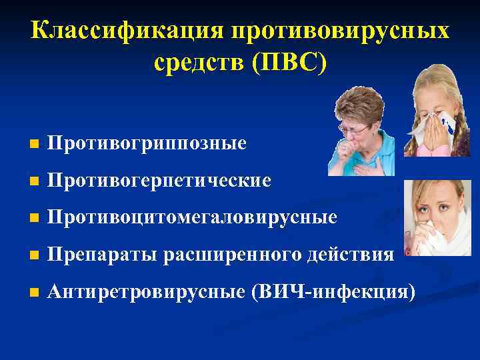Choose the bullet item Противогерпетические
click(160, 180)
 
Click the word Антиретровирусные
click(149, 291)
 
